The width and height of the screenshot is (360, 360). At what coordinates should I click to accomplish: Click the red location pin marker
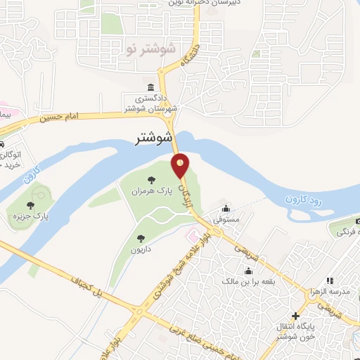[x=181, y=165]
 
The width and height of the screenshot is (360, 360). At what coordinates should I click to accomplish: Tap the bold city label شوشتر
[x=154, y=139]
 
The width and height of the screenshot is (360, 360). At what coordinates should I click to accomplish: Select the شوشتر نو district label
[x=151, y=49]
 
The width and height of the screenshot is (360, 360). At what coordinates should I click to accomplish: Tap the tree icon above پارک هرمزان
[x=153, y=179]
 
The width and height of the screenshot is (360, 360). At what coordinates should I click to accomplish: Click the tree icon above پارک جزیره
[x=30, y=205]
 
